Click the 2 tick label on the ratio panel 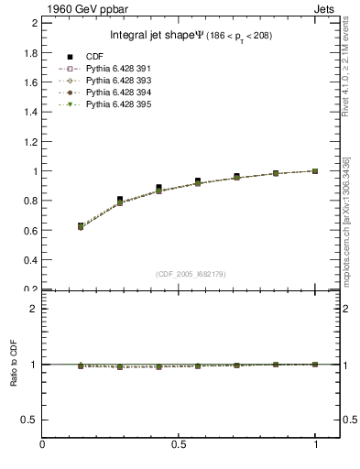[x=33, y=309]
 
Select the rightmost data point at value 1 [x=315, y=170]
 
